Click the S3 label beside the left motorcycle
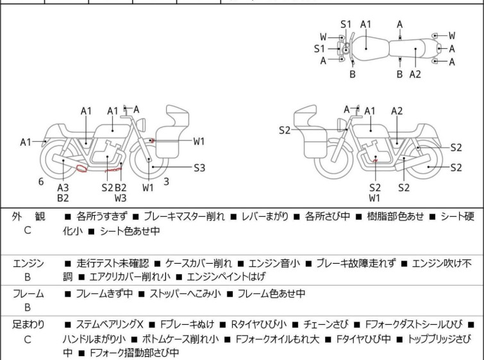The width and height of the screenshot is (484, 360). [200, 168]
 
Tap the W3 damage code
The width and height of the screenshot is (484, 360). [121, 198]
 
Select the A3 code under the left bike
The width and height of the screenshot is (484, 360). [63, 187]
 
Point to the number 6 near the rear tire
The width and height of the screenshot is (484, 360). [41, 182]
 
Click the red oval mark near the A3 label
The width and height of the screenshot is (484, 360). [81, 169]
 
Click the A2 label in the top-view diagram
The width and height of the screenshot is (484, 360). [415, 74]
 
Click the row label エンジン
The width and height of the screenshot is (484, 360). [28, 263]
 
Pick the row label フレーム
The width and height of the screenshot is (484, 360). [28, 294]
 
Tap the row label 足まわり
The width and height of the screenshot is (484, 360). [28, 325]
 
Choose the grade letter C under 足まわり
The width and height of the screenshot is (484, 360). [28, 339]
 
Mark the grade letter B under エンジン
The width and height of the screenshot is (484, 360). [28, 278]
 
